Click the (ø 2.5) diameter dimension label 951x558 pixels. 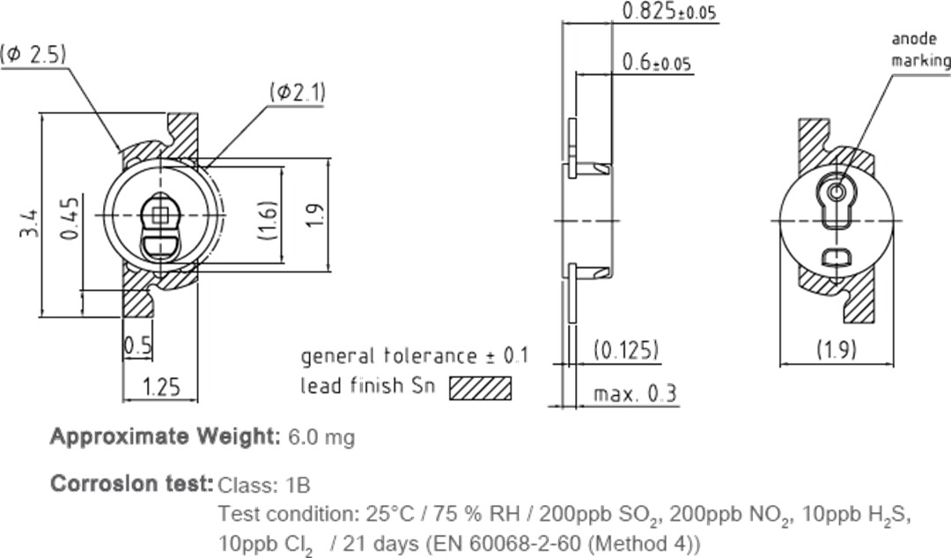[34, 55]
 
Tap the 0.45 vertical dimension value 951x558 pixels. [70, 217]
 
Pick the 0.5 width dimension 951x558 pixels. [136, 346]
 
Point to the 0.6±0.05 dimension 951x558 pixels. [656, 63]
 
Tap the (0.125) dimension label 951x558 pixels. [626, 350]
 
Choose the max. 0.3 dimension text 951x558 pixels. [635, 393]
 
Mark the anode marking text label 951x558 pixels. [920, 50]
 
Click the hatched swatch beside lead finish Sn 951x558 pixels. [480, 388]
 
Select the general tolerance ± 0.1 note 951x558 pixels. [414, 356]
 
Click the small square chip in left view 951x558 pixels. [159, 213]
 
